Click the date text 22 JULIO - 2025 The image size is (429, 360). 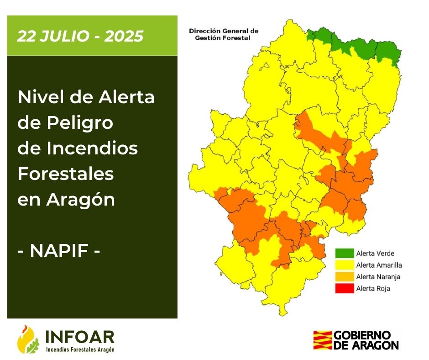[80, 36]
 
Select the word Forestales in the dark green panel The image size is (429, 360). [65, 174]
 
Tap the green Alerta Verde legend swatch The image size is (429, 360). [344, 253]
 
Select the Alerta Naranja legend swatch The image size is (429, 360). [344, 276]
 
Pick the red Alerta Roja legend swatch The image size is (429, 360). [344, 288]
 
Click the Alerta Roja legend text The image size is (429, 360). [373, 288]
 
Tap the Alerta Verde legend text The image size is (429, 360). [375, 253]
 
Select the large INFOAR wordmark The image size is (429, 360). [80, 336]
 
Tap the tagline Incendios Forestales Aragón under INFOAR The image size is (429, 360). [80, 349]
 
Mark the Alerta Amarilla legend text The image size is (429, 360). [379, 265]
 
